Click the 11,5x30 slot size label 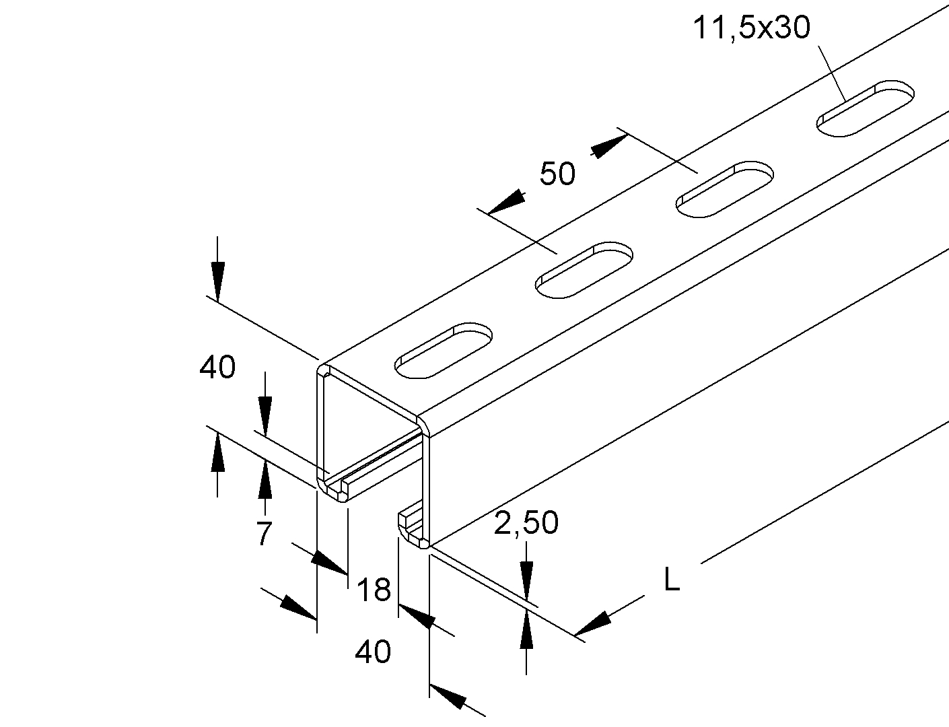coord(751,28)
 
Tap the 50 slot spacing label coord(558,174)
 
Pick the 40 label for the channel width coord(372,652)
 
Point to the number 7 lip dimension coord(264,534)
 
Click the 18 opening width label coord(374,590)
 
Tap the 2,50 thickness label coord(526,522)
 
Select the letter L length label coord(672,579)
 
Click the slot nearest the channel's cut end coord(444,351)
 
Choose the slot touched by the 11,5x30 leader coord(866,109)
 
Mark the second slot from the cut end coord(584,271)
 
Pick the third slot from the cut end coord(725,189)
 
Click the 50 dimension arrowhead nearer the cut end coord(507,202)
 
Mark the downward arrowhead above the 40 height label coord(217,280)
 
